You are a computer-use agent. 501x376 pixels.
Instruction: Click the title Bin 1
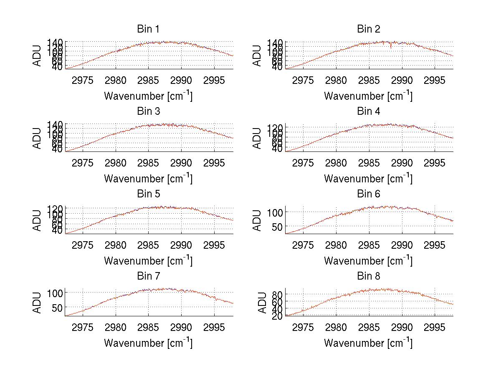click(x=148, y=29)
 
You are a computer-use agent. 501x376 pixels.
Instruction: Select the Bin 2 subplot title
click(x=368, y=29)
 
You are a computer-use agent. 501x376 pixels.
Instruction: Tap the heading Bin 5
click(x=148, y=194)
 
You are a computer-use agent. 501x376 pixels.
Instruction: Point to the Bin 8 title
click(x=368, y=276)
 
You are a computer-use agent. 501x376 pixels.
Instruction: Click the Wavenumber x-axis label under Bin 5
click(x=148, y=261)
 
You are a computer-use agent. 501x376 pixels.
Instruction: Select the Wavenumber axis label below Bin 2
click(x=368, y=96)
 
